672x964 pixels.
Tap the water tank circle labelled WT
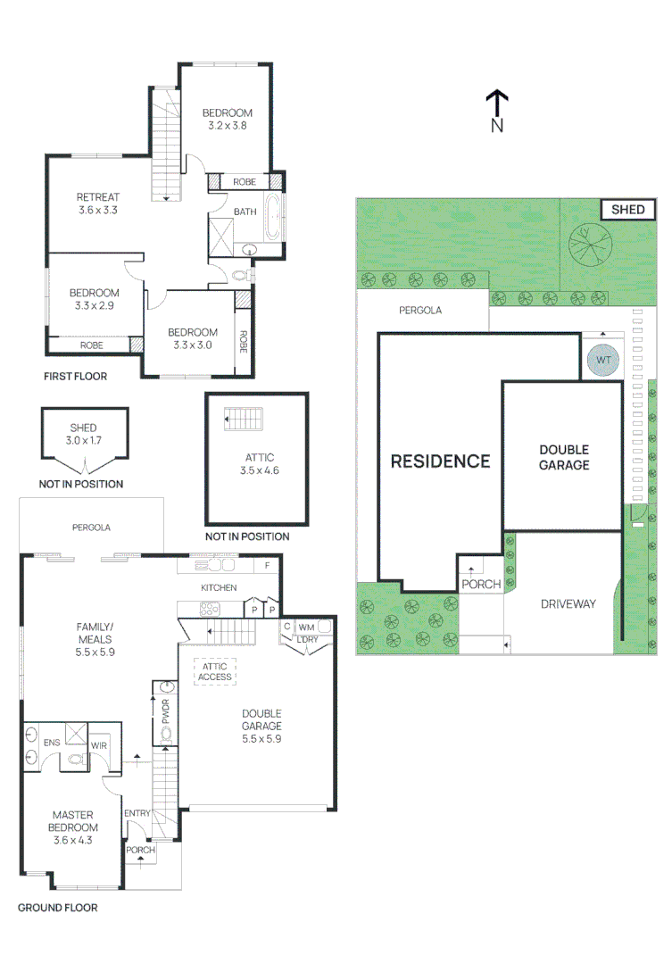pos(604,360)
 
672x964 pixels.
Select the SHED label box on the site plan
pos(627,210)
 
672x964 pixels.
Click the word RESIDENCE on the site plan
pos(441,461)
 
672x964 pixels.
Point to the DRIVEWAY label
pos(568,604)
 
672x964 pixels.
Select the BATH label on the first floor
pos(245,212)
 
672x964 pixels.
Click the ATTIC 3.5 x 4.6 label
pos(259,463)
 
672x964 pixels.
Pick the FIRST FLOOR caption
pos(76,377)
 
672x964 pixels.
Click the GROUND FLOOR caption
pos(58,908)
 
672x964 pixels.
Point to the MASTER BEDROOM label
pos(73,821)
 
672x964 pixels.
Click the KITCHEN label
pos(219,587)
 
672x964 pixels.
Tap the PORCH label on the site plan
pos(481,585)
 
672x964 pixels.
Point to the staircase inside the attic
pos(240,418)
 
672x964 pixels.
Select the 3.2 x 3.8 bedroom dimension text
pos(227,126)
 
